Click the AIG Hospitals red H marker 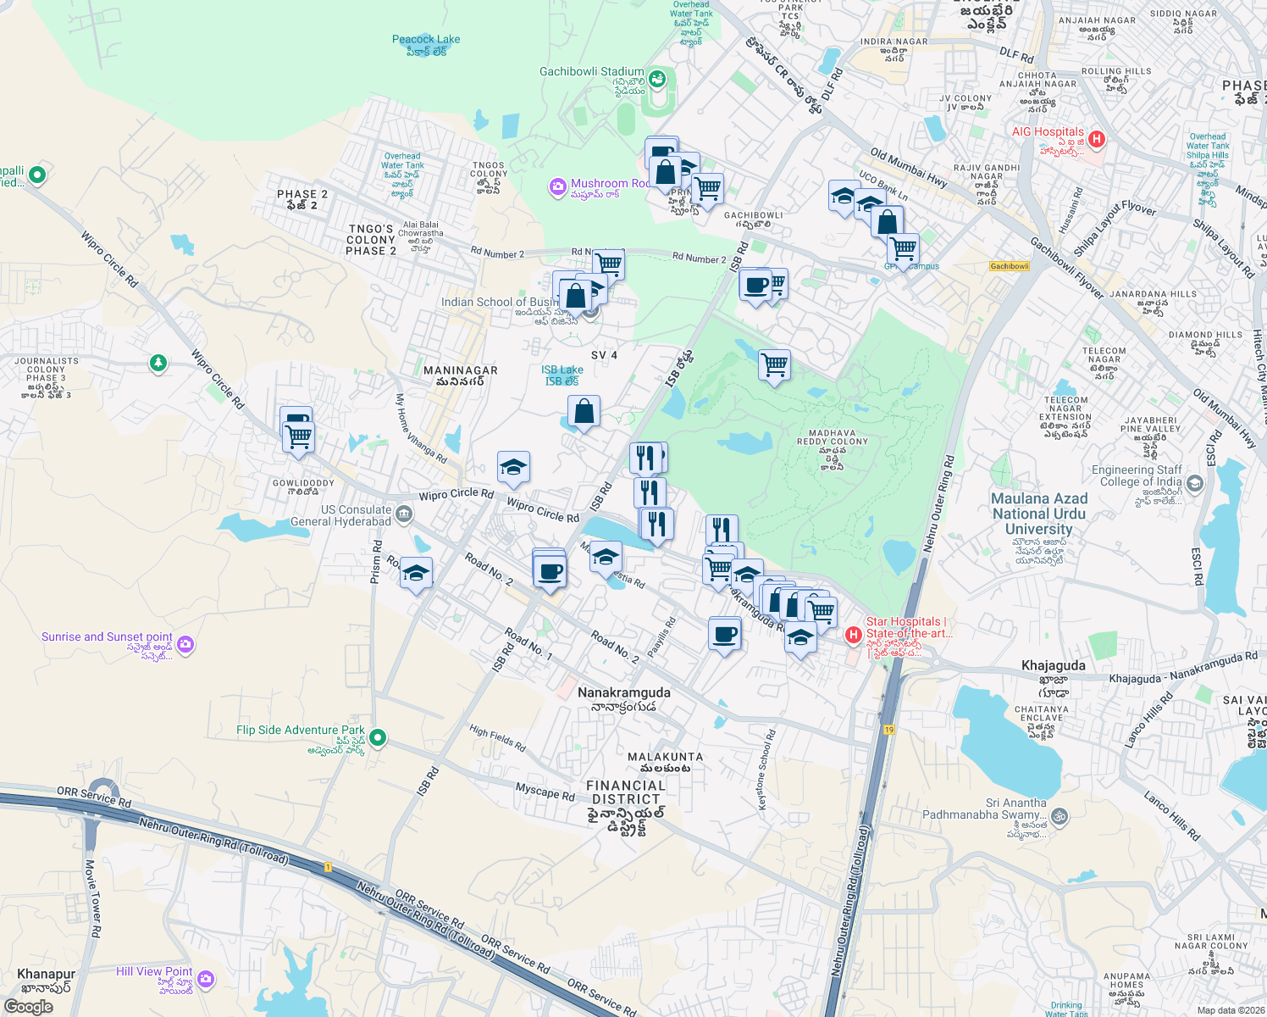click(1097, 138)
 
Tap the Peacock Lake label click(426, 40)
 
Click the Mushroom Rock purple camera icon click(557, 186)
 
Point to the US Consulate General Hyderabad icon click(404, 514)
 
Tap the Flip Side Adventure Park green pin click(379, 737)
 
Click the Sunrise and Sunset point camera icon click(185, 645)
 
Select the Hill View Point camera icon click(205, 980)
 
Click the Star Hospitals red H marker click(854, 634)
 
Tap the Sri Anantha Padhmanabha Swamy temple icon click(1059, 816)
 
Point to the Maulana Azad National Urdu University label click(1039, 514)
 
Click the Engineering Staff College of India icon click(1195, 483)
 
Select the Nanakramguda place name click(623, 692)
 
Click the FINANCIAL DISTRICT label click(626, 792)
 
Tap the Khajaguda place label click(1053, 665)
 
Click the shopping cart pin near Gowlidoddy click(299, 437)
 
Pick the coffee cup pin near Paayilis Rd click(724, 634)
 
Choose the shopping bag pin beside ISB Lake click(584, 412)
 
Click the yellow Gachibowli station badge click(1010, 266)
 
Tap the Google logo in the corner click(28, 1006)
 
